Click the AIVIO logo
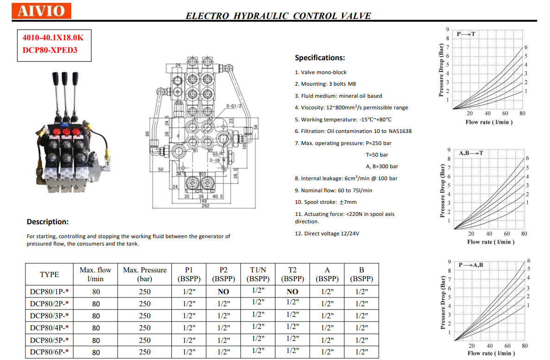[x=41, y=10]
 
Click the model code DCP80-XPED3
[x=50, y=50]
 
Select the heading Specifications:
[x=320, y=58]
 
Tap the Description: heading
[x=48, y=221]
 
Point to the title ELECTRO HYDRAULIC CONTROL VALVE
[x=278, y=16]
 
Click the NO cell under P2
[x=224, y=292]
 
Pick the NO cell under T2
[x=292, y=292]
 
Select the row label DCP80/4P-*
[x=50, y=328]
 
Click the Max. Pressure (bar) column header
[x=145, y=274]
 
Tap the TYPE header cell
[x=50, y=274]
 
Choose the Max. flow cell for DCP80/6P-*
[x=96, y=352]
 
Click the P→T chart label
[x=466, y=34]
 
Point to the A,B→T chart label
[x=471, y=153]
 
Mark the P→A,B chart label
[x=471, y=265]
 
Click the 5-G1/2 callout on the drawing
[x=234, y=106]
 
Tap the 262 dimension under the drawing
[x=205, y=206]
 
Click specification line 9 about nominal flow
[x=333, y=190]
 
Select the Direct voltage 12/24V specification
[x=327, y=234]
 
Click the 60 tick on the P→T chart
[x=505, y=114]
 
